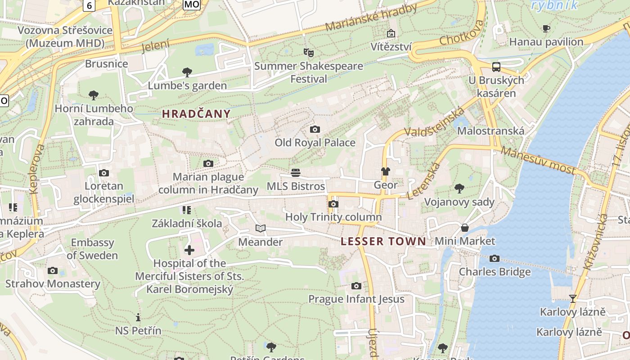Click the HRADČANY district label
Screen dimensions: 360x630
tap(196, 114)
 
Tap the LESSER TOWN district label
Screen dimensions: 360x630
tap(383, 241)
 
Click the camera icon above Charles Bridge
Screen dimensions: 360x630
tap(495, 258)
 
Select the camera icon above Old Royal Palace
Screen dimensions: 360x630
tap(315, 130)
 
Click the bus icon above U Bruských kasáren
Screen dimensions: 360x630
tap(496, 67)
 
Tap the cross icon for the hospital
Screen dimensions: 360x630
tap(189, 250)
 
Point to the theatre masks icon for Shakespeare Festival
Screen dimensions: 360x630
tap(308, 53)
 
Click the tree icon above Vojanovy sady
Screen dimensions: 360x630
tap(459, 188)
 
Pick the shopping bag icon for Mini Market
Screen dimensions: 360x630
tap(465, 228)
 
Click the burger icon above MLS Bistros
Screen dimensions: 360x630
tap(296, 172)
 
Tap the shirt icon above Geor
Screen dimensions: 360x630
tap(386, 171)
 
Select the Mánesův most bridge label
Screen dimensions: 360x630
tap(538, 160)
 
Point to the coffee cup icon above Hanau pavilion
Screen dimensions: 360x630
tap(546, 29)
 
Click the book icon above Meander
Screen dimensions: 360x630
tap(261, 228)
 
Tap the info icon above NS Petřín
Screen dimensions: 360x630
tap(138, 317)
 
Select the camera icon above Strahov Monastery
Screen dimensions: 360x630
tap(53, 270)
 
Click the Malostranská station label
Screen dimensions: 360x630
tap(490, 131)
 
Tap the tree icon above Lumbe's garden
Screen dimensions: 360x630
tap(187, 72)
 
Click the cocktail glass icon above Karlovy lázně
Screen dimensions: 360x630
tap(572, 298)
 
